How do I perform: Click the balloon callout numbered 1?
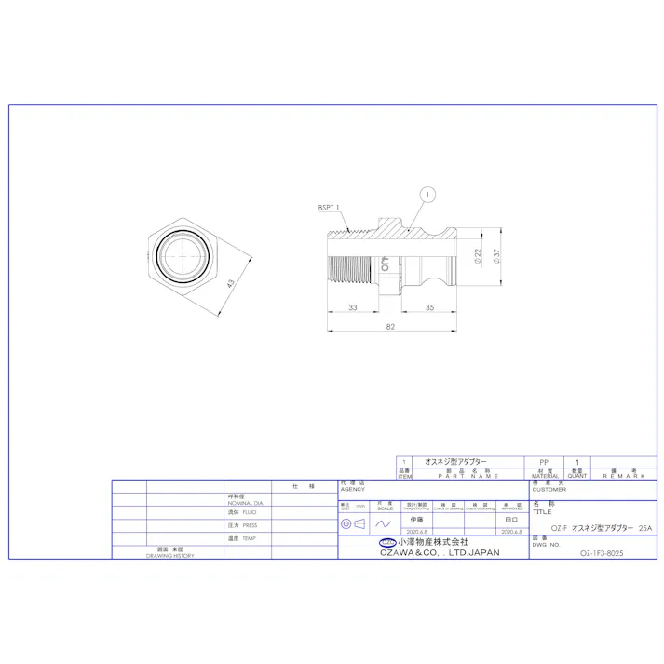[x=427, y=195]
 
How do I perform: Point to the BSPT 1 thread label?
[x=329, y=208]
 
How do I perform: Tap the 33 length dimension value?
[x=353, y=306]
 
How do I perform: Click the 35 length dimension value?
[x=430, y=306]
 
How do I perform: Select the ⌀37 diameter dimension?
[x=499, y=254]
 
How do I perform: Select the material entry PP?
[x=544, y=462]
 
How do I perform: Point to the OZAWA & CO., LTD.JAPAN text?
[x=439, y=552]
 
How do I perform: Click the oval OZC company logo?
[x=386, y=542]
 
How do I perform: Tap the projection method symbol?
[x=353, y=524]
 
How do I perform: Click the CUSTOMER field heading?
[x=549, y=489]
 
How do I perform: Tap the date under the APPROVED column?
[x=510, y=532]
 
